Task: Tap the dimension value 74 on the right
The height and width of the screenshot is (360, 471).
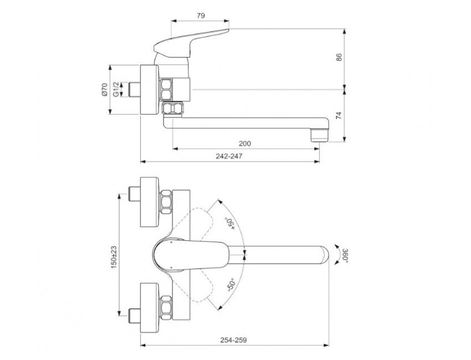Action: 340,116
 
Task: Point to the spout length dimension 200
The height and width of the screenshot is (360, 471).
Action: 245,143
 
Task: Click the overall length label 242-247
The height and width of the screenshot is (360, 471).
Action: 231,156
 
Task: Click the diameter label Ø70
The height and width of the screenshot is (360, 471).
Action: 105,90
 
